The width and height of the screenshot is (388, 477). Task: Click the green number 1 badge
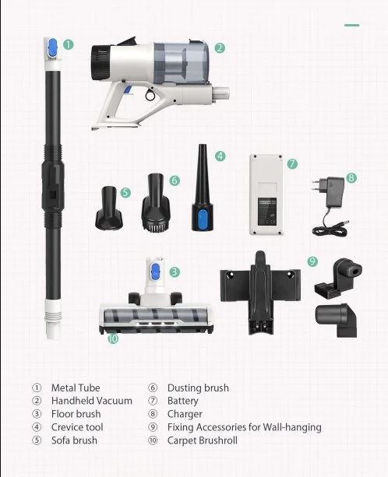(x=69, y=44)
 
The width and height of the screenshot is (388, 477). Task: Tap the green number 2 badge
(x=220, y=48)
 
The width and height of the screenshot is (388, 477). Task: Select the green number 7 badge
(x=292, y=163)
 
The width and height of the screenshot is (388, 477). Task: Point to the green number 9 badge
(x=312, y=261)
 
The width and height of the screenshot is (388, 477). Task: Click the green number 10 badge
(x=113, y=338)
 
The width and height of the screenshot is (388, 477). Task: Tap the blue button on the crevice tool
(x=203, y=219)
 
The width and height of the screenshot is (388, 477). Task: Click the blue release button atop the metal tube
(x=53, y=47)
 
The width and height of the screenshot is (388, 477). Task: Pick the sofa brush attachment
(x=109, y=208)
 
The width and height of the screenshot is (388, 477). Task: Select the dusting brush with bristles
(x=156, y=203)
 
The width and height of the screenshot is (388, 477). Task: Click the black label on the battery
(x=267, y=212)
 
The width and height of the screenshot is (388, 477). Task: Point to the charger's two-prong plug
(x=317, y=184)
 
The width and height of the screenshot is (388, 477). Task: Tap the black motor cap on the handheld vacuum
(x=101, y=63)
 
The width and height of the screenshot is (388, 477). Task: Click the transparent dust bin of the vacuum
(x=182, y=63)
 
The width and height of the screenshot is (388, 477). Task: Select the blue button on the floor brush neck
(x=156, y=272)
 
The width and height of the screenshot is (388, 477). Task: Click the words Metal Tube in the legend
(x=76, y=388)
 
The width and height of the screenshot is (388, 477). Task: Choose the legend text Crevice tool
(x=77, y=427)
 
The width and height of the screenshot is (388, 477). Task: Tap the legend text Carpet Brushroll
(x=203, y=440)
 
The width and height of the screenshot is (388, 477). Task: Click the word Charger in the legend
(x=185, y=414)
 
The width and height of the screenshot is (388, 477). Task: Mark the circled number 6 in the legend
(x=153, y=388)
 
